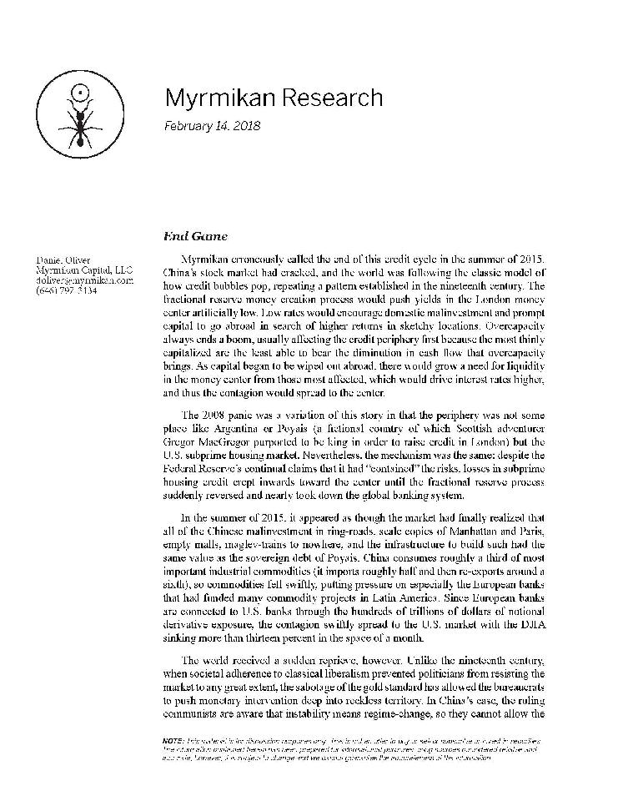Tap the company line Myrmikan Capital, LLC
click(x=78, y=270)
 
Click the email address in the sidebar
click(x=78, y=281)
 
